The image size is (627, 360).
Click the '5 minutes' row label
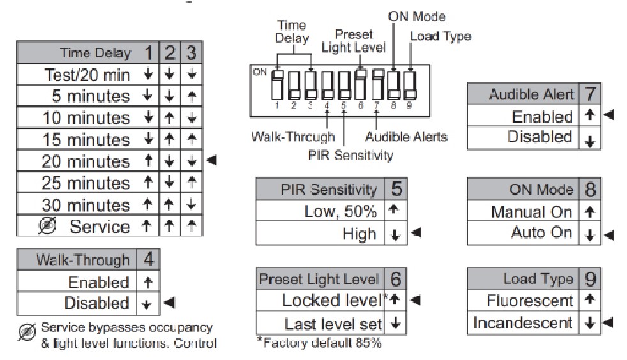click(x=91, y=96)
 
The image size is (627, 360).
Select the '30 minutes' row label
click(x=86, y=205)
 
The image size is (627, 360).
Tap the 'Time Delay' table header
click(x=95, y=53)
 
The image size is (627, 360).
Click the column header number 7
click(x=591, y=94)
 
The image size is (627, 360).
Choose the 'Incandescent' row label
click(x=523, y=323)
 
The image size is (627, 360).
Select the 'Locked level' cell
click(x=332, y=300)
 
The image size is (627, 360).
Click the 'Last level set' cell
click(x=333, y=324)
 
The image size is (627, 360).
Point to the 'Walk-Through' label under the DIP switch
click(x=292, y=137)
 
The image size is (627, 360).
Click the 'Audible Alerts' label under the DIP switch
click(x=406, y=137)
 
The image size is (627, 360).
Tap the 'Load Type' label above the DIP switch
click(x=440, y=36)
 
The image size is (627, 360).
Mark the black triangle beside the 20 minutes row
click(x=211, y=161)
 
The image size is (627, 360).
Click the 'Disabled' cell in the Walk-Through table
click(x=96, y=303)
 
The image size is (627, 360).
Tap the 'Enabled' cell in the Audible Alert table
click(x=542, y=117)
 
